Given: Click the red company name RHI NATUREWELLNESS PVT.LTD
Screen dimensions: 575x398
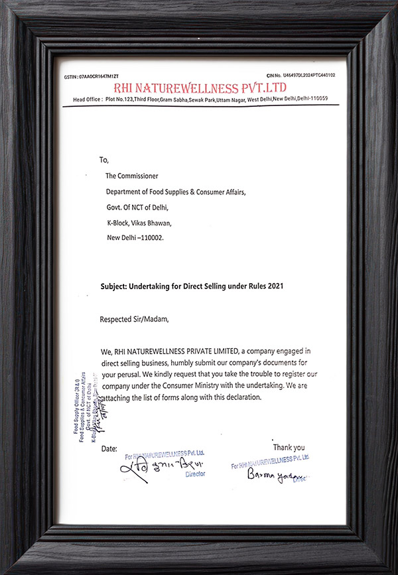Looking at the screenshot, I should coord(200,88).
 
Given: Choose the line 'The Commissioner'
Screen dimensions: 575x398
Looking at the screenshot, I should coord(131,176).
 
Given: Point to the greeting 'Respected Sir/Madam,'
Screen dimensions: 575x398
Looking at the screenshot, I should coord(135,318).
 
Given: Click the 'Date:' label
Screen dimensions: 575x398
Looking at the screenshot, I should coord(109,449).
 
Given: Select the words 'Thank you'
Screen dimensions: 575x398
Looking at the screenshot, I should coord(289,447).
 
